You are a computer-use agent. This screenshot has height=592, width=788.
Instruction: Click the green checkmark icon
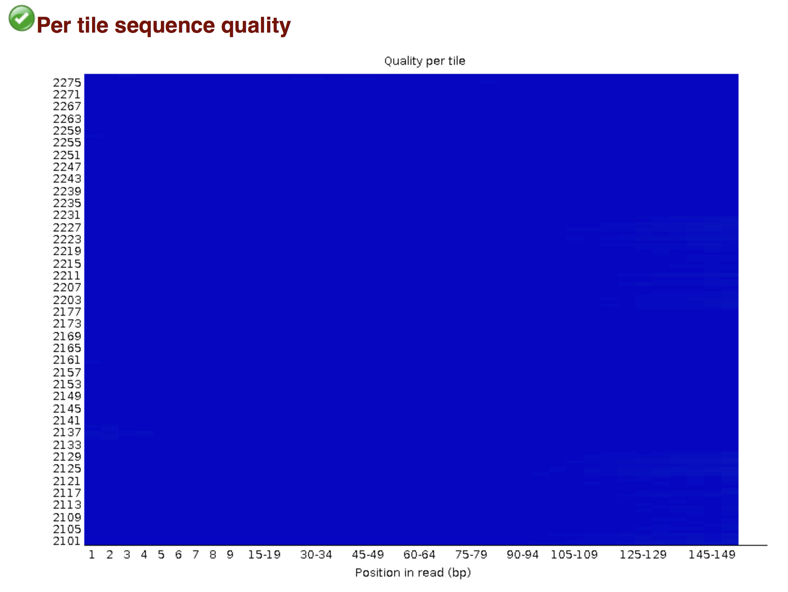coord(21,18)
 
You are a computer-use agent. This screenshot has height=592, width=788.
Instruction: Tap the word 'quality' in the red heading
coord(256,26)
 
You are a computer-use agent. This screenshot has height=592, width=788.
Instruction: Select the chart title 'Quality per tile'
coord(424,61)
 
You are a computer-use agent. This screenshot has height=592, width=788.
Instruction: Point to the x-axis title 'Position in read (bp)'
coord(413,572)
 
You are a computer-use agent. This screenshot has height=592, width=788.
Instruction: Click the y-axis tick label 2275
coord(67,83)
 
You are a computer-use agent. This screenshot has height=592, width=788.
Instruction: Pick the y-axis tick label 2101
coord(67,541)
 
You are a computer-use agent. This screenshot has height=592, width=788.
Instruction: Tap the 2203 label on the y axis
coord(67,300)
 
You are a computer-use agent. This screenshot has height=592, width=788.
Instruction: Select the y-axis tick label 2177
coord(67,312)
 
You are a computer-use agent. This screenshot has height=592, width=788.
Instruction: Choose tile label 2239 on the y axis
coord(67,191)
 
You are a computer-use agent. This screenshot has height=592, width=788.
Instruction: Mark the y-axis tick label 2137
coord(67,432)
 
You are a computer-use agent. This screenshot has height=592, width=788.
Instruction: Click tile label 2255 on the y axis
coord(67,142)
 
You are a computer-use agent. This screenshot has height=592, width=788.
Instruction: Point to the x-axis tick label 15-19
coord(264,554)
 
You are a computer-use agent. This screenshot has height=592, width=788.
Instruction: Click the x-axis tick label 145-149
coord(712,554)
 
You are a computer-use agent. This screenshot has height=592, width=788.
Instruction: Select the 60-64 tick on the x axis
coord(419,554)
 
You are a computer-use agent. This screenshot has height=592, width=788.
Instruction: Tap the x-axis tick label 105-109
coord(574,554)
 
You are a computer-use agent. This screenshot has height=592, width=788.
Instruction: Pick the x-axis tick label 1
coord(92,554)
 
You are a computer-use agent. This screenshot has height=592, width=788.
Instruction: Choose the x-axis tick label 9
coord(230,554)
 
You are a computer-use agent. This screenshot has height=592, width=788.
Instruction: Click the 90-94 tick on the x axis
coord(523,554)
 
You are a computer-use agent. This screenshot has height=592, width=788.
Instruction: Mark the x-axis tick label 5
coord(161,554)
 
